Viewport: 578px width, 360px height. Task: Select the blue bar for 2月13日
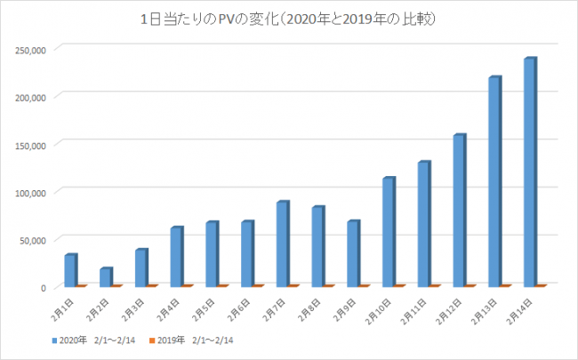[494, 181]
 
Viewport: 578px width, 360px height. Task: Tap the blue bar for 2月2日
[105, 276]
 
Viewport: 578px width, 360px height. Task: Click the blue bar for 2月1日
[70, 270]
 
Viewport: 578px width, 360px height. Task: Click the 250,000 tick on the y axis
[31, 49]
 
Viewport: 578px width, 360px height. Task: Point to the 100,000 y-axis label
[31, 191]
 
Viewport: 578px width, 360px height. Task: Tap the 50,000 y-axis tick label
[34, 239]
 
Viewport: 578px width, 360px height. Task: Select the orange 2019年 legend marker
[150, 340]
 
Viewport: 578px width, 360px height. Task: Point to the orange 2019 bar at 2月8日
[328, 285]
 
